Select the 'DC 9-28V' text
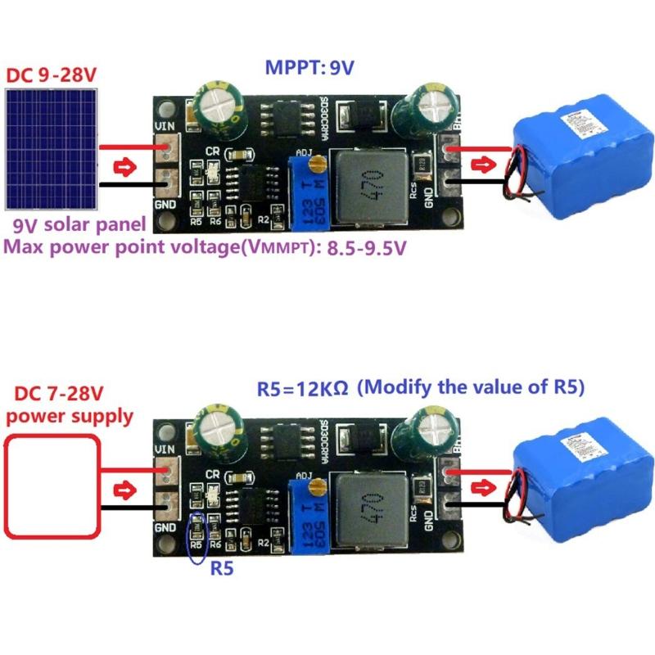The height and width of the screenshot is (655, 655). tap(52, 75)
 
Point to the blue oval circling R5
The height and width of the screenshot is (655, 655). tap(196, 538)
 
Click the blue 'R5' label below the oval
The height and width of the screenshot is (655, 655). tap(222, 567)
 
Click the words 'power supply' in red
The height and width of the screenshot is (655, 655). tap(69, 416)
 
